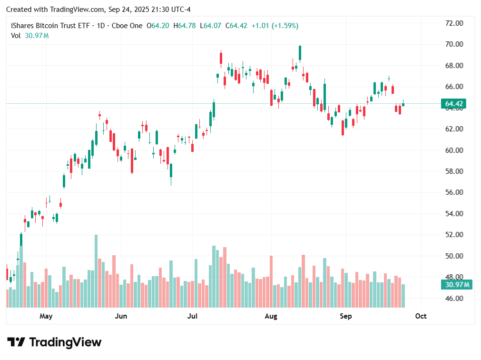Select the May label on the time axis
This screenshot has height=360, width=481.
pos(46,316)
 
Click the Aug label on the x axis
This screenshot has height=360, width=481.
pos(271,316)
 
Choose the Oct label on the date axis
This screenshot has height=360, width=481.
pos(421,316)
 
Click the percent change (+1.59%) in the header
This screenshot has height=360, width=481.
pos(285,26)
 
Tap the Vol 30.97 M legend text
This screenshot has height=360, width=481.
pos(29,35)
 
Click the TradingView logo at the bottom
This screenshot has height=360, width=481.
pos(54,342)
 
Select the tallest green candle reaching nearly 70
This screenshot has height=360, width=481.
pos(300,53)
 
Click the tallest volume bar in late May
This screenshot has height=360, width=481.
pos(96,270)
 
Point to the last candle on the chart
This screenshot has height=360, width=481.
pos(403,104)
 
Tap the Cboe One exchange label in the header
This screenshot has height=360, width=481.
pos(126,26)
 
